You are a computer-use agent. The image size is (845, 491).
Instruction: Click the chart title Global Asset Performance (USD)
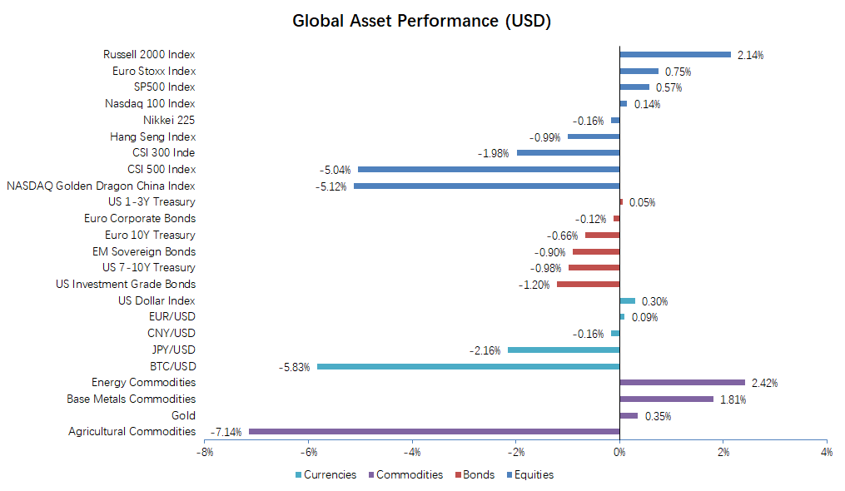(x=421, y=21)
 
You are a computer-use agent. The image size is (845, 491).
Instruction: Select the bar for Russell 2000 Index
(x=675, y=55)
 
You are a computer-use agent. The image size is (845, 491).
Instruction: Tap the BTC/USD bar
(x=468, y=366)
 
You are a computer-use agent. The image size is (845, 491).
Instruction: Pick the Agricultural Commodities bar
(x=434, y=431)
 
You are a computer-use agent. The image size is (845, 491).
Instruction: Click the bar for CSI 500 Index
(x=489, y=169)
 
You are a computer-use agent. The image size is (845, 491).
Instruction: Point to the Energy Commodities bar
(x=683, y=383)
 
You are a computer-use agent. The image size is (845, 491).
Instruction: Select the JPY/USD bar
(x=564, y=350)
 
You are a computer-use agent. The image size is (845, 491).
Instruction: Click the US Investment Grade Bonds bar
(x=588, y=285)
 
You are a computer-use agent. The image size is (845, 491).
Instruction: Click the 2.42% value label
(x=764, y=384)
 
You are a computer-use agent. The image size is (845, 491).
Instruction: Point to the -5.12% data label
(x=331, y=186)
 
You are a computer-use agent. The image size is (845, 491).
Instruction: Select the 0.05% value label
(x=642, y=202)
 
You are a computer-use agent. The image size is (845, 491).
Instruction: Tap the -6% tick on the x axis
(x=308, y=452)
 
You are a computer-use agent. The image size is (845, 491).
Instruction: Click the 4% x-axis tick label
(x=826, y=452)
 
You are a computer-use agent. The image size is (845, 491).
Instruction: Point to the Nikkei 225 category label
(x=169, y=120)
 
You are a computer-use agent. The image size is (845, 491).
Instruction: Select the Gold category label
(x=183, y=415)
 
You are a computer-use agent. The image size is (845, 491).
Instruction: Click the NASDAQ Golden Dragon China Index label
(x=101, y=186)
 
